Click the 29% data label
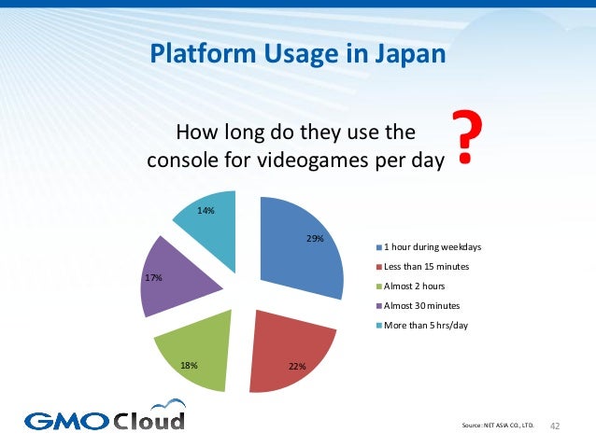pos(316,239)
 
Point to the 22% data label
pos(297,365)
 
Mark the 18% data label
pos(190,365)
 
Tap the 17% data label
pos(154,277)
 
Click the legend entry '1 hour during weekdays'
pos(431,247)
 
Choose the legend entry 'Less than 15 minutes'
pos(426,267)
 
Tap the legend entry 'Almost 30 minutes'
pos(421,305)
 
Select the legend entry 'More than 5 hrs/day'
pos(425,325)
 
